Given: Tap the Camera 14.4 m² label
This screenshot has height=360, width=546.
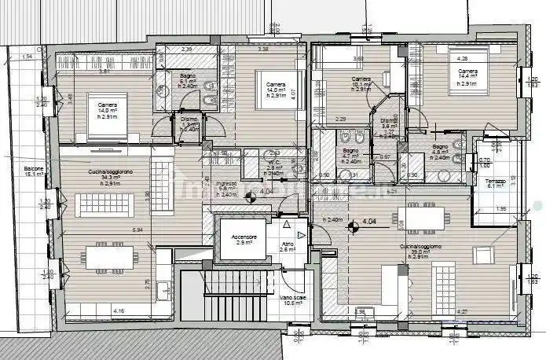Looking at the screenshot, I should pos(469,76).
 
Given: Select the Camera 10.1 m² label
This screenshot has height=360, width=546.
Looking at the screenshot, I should pos(361,84).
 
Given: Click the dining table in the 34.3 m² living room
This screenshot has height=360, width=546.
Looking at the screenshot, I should pos(112,258).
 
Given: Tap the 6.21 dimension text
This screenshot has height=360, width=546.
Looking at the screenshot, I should pos(390,191).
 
